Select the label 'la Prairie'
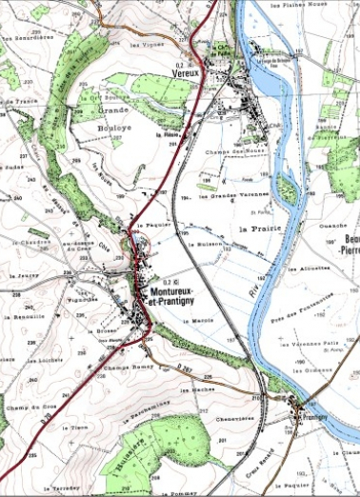pos(258,230)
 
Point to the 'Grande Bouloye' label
pos(113,117)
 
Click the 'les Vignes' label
pos(145,45)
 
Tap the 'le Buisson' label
pos(210,246)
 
